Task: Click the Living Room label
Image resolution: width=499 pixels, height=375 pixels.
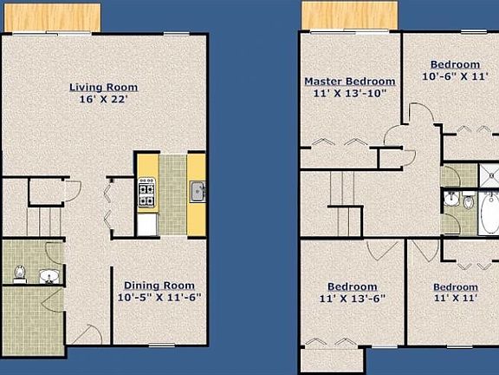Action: tap(103, 87)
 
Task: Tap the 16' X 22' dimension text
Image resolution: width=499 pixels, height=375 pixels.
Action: tap(103, 99)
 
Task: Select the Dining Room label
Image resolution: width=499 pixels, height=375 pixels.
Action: tap(159, 286)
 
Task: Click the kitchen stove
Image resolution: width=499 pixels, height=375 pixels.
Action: tap(146, 193)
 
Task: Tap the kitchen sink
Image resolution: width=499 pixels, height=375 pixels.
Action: tap(198, 190)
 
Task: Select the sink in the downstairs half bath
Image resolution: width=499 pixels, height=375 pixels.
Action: tap(49, 277)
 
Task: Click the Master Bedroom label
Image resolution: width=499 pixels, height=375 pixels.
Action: tap(344, 82)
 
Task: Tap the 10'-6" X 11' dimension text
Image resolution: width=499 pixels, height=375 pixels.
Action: tap(455, 76)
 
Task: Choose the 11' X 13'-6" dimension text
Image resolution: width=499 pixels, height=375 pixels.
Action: tap(352, 299)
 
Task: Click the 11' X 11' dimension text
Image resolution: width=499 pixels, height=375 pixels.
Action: tap(455, 299)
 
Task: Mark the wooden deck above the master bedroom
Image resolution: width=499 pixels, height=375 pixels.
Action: tap(349, 15)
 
